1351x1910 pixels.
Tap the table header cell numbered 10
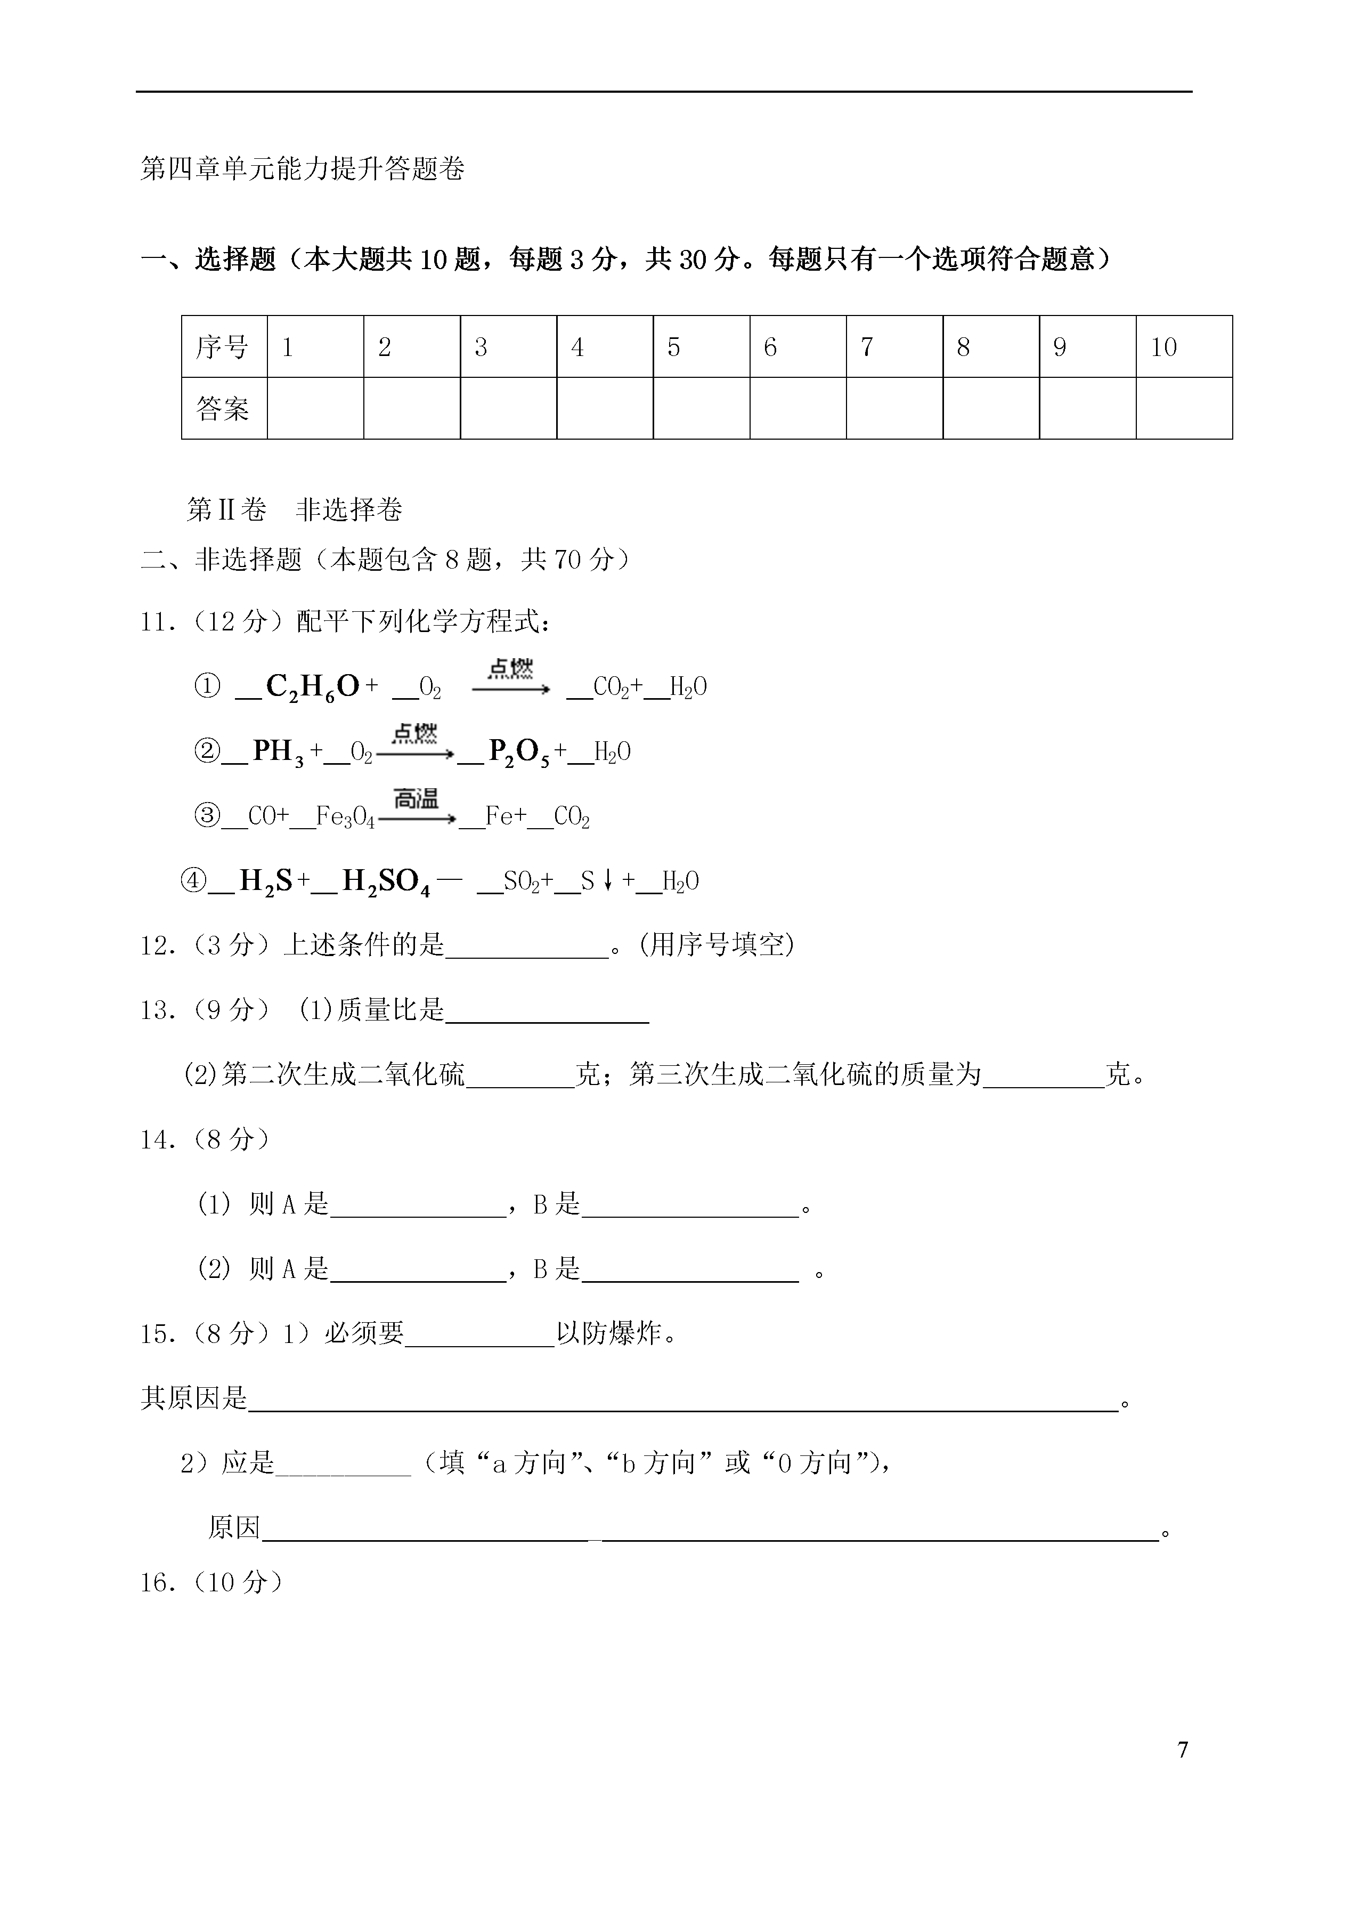point(1183,347)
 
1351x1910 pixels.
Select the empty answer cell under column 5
point(701,408)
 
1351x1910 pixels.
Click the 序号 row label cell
point(223,347)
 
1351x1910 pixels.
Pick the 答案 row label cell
point(223,408)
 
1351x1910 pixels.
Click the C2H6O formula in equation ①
point(312,687)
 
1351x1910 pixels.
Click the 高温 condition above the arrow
point(416,799)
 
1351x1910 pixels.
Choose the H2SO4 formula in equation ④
point(385,882)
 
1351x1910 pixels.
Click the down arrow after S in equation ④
point(608,881)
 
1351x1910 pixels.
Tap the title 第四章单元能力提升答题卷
point(303,169)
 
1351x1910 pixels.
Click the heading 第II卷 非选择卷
point(295,509)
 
